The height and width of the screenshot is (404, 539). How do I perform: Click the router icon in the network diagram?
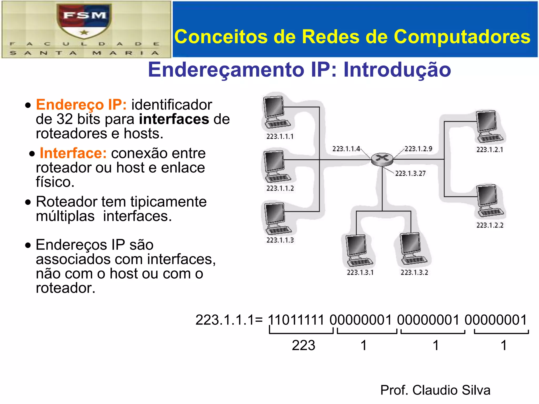click(x=382, y=159)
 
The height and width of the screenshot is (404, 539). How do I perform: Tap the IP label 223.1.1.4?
click(x=346, y=149)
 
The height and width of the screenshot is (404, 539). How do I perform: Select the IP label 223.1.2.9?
click(x=418, y=149)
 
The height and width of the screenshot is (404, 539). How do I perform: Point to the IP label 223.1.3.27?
click(x=410, y=173)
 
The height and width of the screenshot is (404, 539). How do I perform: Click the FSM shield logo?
click(x=84, y=21)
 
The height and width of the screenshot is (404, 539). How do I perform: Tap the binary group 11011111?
click(x=296, y=320)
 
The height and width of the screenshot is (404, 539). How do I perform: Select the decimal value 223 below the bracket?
click(x=303, y=345)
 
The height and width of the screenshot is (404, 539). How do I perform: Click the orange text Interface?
click(x=73, y=153)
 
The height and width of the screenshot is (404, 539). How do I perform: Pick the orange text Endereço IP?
click(x=81, y=105)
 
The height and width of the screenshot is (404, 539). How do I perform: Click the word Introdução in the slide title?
click(x=397, y=70)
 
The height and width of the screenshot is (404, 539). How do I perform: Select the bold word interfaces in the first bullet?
click(x=174, y=119)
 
